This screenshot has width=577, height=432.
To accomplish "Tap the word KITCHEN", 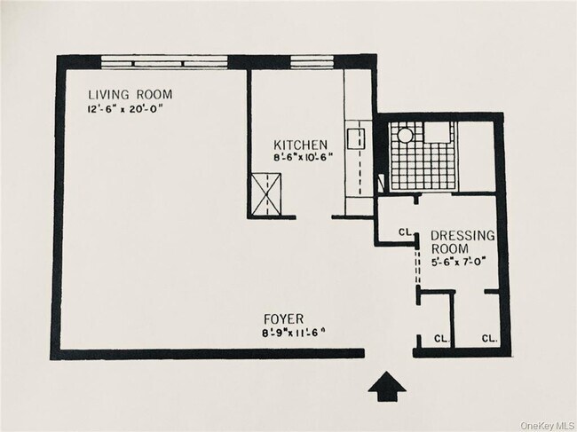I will (x=301, y=145).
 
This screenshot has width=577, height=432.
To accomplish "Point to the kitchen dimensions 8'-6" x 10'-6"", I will (x=301, y=159).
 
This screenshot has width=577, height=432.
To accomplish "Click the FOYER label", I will (x=285, y=317).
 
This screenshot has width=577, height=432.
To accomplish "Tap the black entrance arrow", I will (x=386, y=386).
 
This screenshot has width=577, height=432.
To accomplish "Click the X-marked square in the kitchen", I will (x=266, y=192).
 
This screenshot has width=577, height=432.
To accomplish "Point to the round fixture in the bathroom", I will (x=404, y=135).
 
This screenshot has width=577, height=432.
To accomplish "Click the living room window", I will (x=165, y=62).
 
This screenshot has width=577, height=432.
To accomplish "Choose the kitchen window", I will (x=307, y=62).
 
